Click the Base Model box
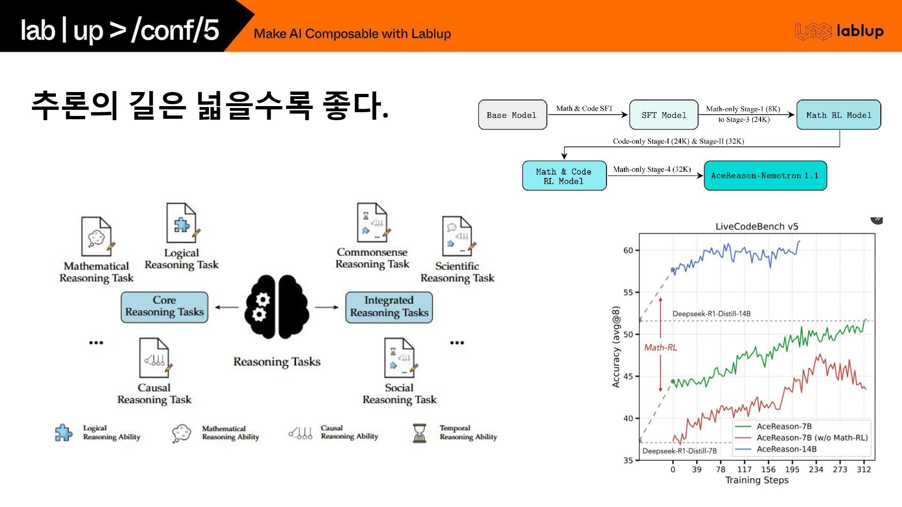512,115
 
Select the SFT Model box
663,115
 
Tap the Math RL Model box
839,115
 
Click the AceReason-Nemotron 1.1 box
765,176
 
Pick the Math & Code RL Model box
564,176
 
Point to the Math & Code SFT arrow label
584,108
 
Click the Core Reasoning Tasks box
164,307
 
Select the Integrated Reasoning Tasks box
389,307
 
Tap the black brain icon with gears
277,307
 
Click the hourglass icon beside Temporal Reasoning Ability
419,433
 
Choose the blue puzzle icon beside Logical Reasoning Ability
64,433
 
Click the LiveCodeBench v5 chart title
756,226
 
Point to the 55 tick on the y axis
628,292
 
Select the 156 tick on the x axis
768,469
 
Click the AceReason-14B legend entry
786,449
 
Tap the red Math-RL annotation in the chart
660,347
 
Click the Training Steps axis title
756,480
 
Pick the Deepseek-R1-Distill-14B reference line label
711,314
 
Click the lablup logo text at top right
860,31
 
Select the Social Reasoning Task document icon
399,358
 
